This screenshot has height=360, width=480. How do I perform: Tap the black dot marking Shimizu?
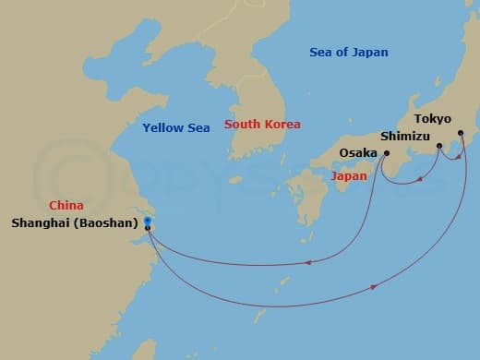click(x=439, y=146)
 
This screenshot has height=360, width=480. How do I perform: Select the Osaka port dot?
click(x=386, y=153)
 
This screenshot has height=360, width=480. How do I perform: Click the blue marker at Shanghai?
click(x=148, y=220)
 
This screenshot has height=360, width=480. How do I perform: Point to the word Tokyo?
click(x=433, y=119)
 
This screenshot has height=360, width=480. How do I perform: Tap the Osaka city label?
click(x=357, y=153)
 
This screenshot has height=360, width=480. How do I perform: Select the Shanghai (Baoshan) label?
click(x=76, y=222)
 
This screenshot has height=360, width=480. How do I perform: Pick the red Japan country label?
click(x=350, y=175)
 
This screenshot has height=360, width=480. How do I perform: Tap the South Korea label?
click(x=263, y=125)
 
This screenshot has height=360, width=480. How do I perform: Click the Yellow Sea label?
click(x=176, y=127)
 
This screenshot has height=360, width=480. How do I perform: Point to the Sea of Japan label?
click(x=348, y=53)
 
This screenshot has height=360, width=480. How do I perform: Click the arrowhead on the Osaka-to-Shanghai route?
click(x=307, y=262)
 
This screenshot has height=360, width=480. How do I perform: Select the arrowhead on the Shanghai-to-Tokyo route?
click(x=374, y=287)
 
